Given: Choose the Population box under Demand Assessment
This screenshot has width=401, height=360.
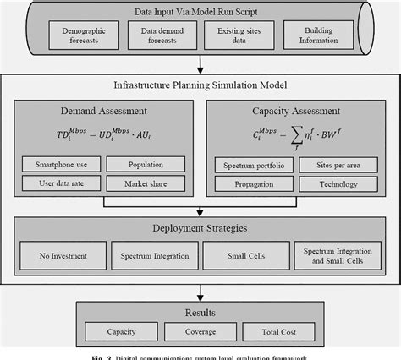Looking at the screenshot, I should tap(146, 164).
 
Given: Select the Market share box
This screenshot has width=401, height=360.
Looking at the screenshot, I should tap(146, 182).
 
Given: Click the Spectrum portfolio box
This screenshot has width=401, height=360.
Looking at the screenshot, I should tap(246, 164).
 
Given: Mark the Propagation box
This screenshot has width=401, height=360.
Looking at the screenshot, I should tap(246, 182).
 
